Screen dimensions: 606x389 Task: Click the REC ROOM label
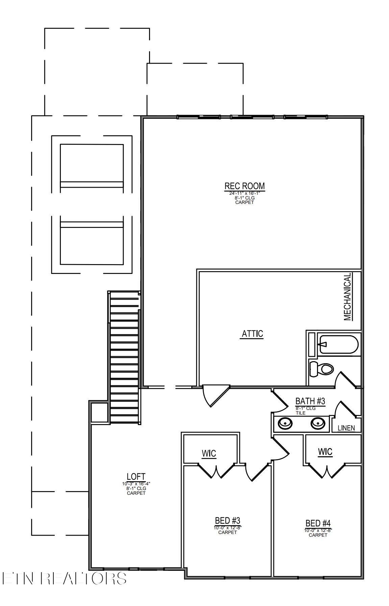(244, 186)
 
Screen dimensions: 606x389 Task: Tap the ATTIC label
(252, 334)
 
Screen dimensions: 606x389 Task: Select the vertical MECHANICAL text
(348, 297)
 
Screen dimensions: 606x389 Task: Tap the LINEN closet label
(346, 428)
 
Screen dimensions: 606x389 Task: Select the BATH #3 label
(310, 401)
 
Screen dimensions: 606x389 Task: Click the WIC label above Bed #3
(209, 453)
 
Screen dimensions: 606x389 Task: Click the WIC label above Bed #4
(325, 451)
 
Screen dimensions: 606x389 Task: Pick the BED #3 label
(227, 520)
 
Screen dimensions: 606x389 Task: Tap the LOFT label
(136, 477)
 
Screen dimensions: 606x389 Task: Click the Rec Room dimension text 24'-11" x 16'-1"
(244, 193)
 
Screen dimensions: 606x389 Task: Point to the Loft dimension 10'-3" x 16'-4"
(136, 484)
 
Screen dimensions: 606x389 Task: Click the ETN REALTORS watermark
(64, 578)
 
